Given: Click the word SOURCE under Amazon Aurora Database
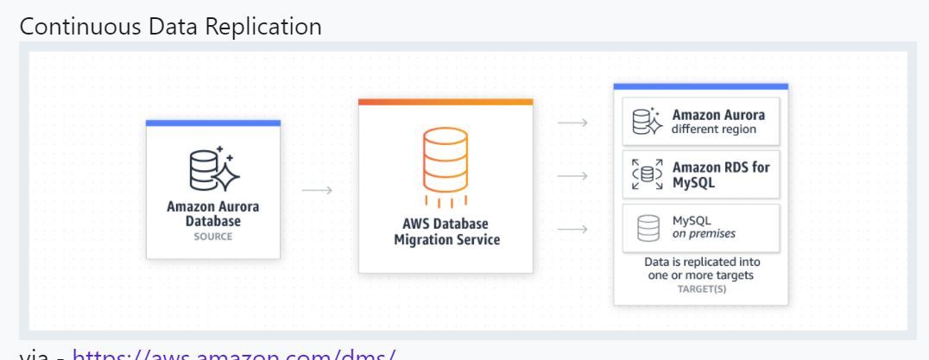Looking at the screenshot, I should tap(213, 237).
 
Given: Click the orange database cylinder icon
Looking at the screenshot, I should tap(446, 161).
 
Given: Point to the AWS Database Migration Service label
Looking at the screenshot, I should tap(446, 231).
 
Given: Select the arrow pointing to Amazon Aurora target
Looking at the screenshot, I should tap(573, 123).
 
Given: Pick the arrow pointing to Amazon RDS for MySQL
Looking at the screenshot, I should tap(573, 175).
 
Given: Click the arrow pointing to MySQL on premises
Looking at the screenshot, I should tap(573, 229).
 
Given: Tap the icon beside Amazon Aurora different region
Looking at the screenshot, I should tap(647, 123).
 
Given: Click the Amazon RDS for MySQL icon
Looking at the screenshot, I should tap(648, 175).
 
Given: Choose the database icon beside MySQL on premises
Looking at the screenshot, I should tap(648, 228).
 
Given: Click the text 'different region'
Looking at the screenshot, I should tap(713, 130).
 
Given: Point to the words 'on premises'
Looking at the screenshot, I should tap(704, 234).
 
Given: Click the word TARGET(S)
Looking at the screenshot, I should tap(700, 289).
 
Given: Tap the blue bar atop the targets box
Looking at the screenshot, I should tap(700, 86).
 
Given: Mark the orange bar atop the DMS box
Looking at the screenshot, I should tap(446, 102).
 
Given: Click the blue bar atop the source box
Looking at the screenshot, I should tap(213, 123).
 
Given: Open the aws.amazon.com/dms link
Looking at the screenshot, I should tap(234, 353).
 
